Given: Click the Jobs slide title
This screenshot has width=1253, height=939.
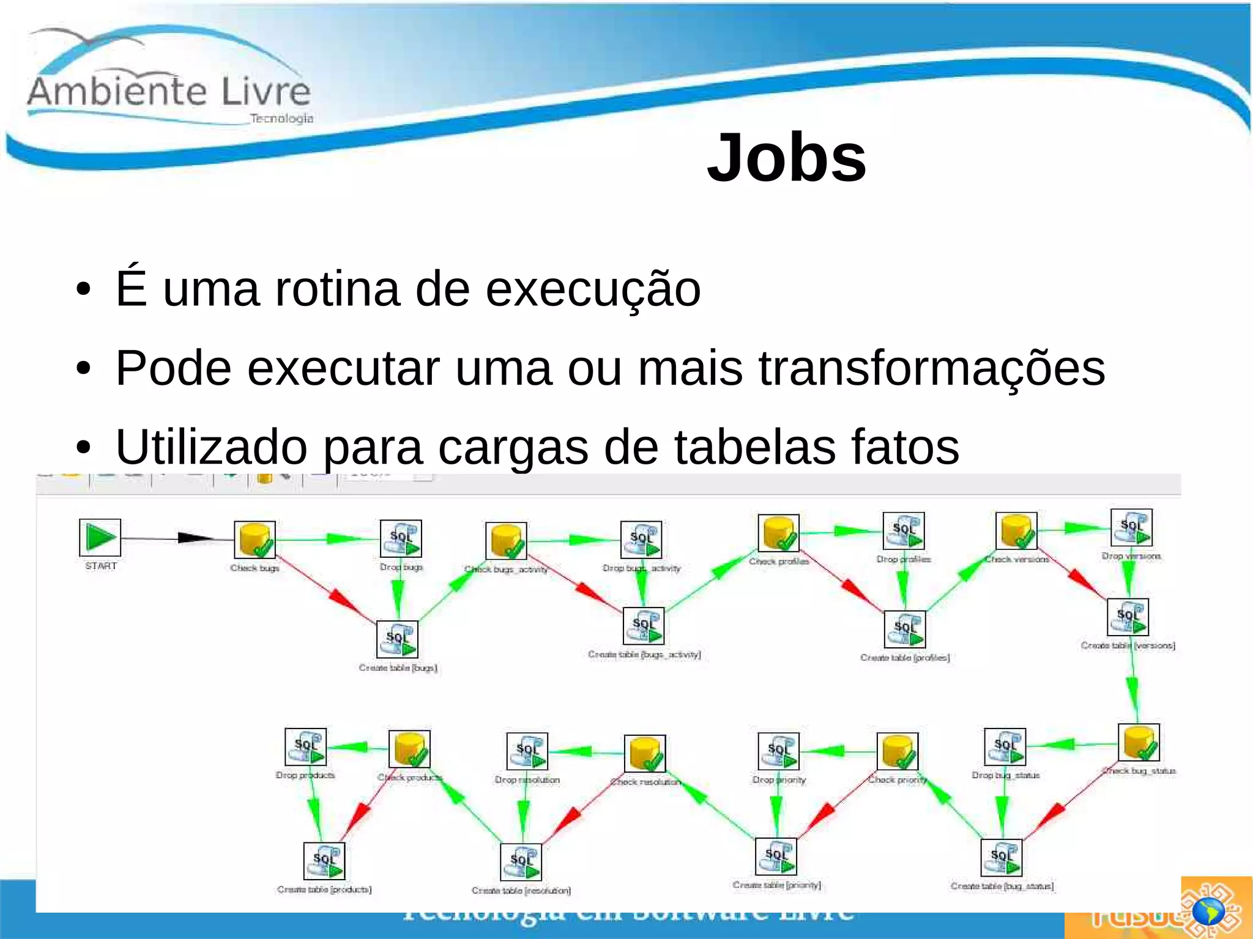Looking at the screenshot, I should [786, 158].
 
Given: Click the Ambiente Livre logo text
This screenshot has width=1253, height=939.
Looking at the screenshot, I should [169, 92].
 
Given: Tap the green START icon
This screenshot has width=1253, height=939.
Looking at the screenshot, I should [100, 538].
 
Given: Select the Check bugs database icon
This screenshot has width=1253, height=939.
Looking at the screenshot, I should [255, 540].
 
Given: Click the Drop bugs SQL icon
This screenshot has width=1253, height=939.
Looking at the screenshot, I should [401, 538].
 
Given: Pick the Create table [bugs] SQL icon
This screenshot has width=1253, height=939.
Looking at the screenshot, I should [397, 639].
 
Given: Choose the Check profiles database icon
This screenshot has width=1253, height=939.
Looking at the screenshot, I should [778, 533].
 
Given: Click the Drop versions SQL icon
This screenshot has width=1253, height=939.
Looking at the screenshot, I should [1131, 527].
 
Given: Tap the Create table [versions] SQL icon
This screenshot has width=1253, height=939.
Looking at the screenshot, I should [1128, 617].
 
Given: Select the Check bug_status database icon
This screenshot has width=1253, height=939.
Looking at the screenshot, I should [1138, 743].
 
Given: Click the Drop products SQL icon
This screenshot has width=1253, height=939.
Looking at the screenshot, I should [306, 747].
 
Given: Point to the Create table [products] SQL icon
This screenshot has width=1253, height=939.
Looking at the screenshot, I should [324, 861].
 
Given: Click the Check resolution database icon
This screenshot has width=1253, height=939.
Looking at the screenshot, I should [644, 754].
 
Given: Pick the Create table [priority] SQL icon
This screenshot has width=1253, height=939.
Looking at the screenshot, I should [776, 856].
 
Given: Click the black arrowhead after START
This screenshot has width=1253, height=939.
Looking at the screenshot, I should [195, 538].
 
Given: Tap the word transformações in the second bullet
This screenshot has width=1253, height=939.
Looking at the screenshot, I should [932, 368].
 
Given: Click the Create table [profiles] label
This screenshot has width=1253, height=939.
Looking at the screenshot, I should [905, 658].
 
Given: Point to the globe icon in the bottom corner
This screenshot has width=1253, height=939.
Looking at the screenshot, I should [1209, 912].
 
